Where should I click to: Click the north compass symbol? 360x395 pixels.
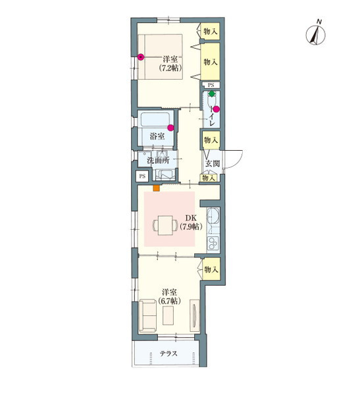315,34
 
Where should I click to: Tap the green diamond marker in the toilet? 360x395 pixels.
212,93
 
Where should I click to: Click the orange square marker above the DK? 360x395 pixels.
157,188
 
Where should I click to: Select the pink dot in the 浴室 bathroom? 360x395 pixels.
171,128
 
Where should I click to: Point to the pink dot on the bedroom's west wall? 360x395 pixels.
141,57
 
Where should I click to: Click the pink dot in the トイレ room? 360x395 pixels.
216,109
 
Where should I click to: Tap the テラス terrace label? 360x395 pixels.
168,354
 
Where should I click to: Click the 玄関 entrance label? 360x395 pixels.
213,163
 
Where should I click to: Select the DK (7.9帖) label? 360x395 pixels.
192,223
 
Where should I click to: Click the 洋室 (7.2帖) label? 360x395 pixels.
170,63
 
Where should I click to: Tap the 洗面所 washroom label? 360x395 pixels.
158,160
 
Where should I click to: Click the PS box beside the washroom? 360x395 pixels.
142,176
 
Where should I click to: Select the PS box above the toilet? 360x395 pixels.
211,85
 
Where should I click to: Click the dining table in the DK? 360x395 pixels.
165,225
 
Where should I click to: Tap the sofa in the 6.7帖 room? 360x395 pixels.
147,315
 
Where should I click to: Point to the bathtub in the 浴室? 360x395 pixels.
155,119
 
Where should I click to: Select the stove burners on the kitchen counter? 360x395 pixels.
213,244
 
